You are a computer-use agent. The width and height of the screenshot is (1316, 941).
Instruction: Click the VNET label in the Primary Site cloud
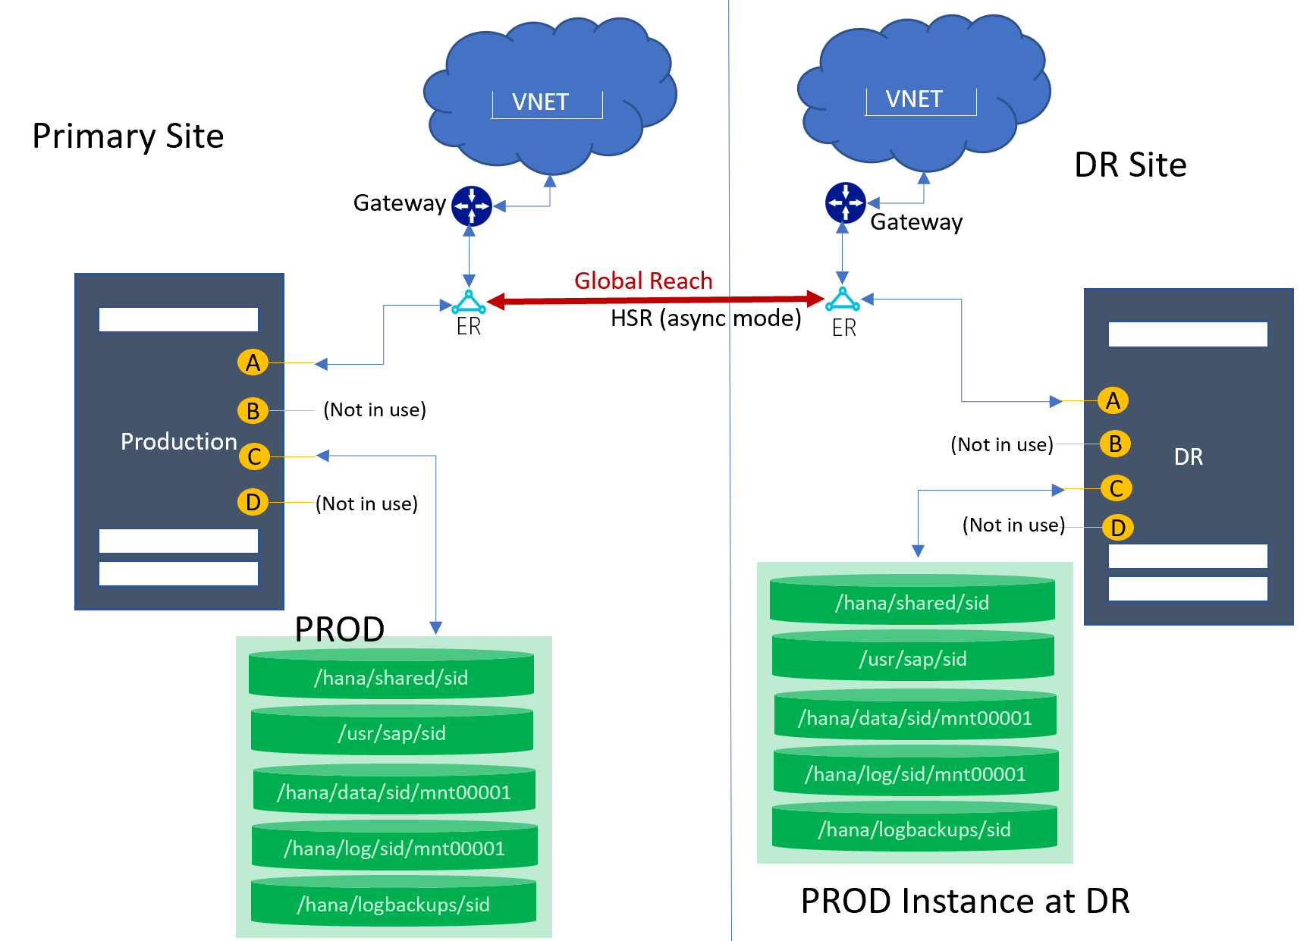pyautogui.click(x=540, y=102)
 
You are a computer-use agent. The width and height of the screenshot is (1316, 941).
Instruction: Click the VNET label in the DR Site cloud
pyautogui.click(x=914, y=99)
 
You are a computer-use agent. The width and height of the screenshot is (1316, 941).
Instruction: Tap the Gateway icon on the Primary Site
pyautogui.click(x=472, y=205)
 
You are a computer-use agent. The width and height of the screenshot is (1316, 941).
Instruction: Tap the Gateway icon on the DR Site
pyautogui.click(x=845, y=202)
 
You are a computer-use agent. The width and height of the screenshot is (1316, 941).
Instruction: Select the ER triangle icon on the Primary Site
pyautogui.click(x=469, y=303)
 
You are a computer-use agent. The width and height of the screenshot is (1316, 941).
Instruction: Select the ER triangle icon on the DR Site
pyautogui.click(x=843, y=300)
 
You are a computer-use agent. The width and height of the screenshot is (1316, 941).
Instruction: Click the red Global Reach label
pyautogui.click(x=643, y=281)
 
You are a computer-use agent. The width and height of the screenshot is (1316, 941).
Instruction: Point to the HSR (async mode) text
pyautogui.click(x=705, y=318)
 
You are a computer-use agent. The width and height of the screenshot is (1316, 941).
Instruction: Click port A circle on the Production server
pyautogui.click(x=253, y=362)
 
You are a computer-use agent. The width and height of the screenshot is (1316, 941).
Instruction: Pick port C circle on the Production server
pyautogui.click(x=254, y=456)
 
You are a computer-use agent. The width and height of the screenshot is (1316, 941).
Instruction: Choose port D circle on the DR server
pyautogui.click(x=1117, y=527)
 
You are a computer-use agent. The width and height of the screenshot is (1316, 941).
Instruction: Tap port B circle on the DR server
pyautogui.click(x=1115, y=444)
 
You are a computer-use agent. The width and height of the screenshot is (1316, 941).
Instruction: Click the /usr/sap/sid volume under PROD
pyautogui.click(x=392, y=733)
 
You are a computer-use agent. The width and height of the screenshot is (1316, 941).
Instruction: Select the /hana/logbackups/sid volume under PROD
pyautogui.click(x=393, y=904)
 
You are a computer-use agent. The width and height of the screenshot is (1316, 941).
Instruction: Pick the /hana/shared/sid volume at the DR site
pyautogui.click(x=912, y=603)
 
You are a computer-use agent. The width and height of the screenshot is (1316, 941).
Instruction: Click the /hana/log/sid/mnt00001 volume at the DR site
pyautogui.click(x=915, y=774)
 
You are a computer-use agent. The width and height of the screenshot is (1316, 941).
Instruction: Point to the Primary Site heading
pyautogui.click(x=128, y=136)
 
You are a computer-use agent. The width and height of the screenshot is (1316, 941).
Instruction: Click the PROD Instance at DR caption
pyautogui.click(x=965, y=901)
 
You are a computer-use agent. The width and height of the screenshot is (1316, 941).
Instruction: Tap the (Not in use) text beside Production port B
pyautogui.click(x=375, y=410)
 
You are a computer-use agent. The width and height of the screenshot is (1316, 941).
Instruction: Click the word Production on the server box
pyautogui.click(x=179, y=441)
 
